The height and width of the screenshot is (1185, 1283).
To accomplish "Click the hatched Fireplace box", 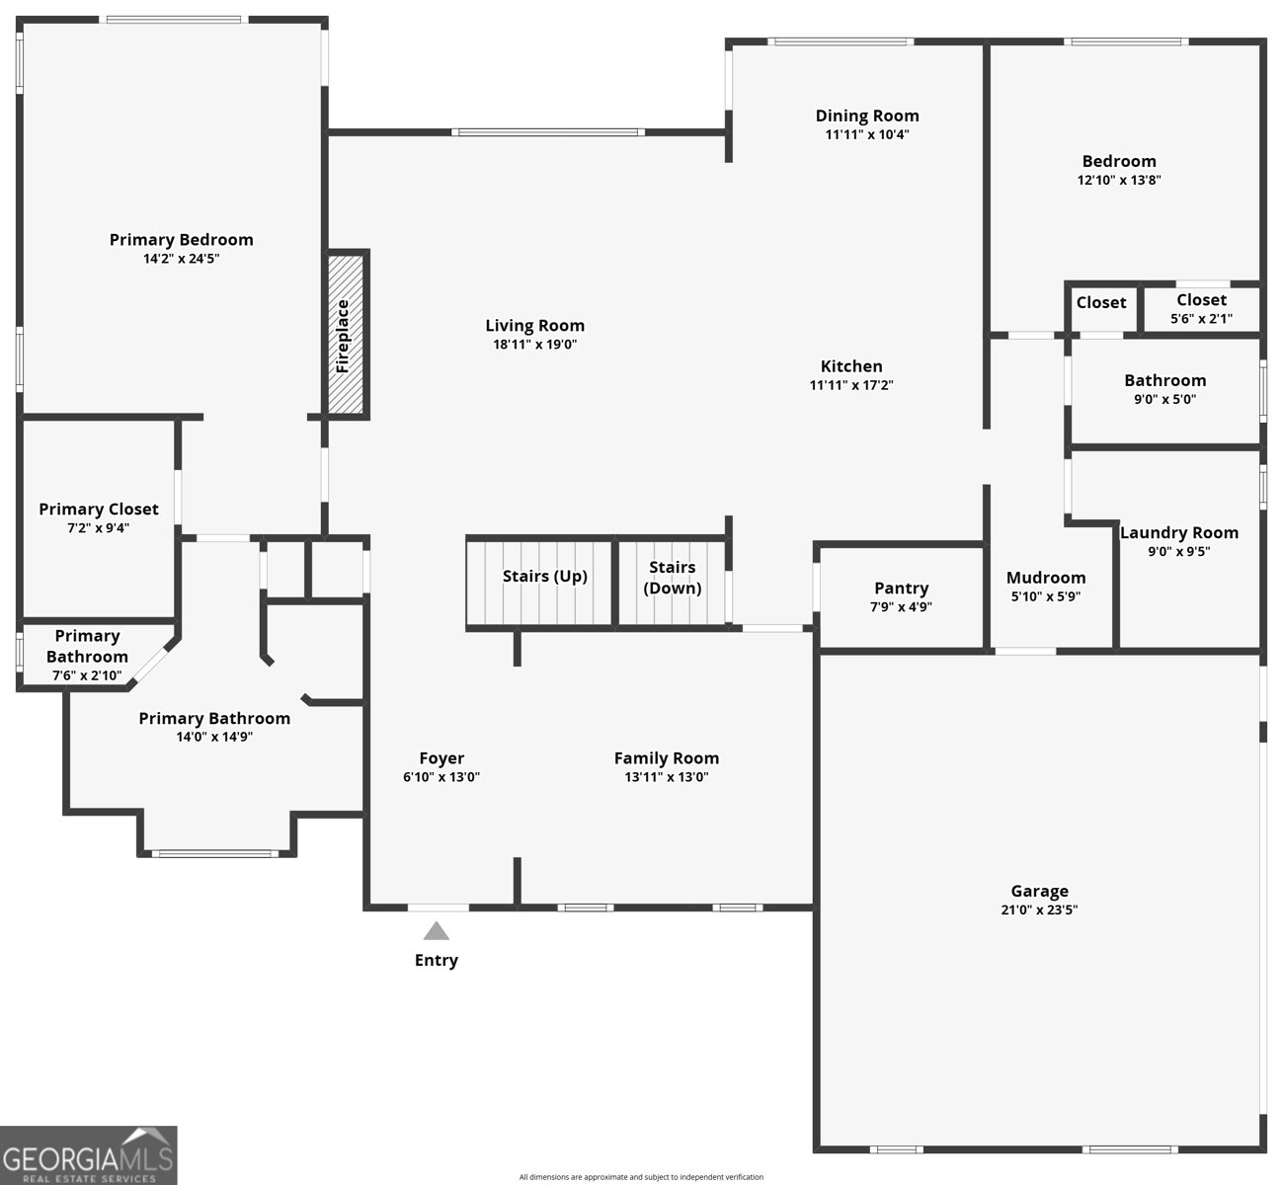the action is pos(346,334).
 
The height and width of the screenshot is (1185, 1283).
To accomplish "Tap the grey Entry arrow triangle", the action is pos(437,930).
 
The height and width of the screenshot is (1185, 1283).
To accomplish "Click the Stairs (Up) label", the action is pos(544,577).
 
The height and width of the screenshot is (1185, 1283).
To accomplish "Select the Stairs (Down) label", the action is pos(672,578).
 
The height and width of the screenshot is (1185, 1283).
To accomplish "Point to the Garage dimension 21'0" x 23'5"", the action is pos(1039,909).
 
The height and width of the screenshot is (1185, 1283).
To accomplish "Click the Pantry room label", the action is pos(901,588).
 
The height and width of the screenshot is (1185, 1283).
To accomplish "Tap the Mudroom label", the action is pos(1045,578).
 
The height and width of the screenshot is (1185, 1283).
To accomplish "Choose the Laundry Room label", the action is pos(1179,533).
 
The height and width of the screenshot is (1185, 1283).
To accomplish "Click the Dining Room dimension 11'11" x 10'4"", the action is pos(867,135).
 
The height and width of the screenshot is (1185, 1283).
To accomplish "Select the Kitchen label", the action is pos(851,366).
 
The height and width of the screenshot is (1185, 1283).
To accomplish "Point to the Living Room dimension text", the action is pos(535,345).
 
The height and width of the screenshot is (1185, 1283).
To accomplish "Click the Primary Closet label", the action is pos(98,510).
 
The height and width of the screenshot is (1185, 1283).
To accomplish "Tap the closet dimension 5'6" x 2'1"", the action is pos(1201,319).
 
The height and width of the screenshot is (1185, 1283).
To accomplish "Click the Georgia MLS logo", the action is pos(89,1155).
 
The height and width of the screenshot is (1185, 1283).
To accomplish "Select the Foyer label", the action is pos(441,758).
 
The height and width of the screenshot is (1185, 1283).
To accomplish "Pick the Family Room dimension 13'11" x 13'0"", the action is pos(666,777).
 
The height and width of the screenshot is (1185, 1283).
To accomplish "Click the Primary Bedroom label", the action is pos(181,240).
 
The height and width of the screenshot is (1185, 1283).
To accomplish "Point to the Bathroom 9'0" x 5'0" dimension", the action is pos(1164,399).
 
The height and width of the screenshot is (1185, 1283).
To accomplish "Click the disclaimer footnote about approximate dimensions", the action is pos(641,1177).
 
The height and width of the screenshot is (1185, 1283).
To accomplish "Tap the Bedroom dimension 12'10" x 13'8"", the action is pos(1119,181).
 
